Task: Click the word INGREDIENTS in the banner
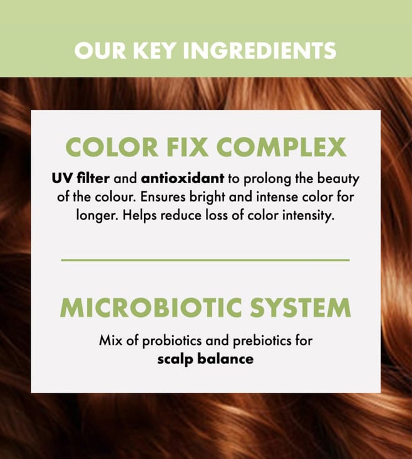[x=260, y=51]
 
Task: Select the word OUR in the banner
[x=100, y=51]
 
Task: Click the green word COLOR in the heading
[x=112, y=147]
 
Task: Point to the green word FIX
[x=188, y=147]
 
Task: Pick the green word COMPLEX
[x=282, y=147]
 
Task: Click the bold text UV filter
[x=81, y=178]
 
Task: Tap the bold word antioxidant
[x=183, y=178]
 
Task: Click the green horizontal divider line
[x=205, y=260]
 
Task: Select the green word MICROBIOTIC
[x=151, y=308]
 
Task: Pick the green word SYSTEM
[x=301, y=308]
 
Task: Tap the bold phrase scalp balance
[x=205, y=360]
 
